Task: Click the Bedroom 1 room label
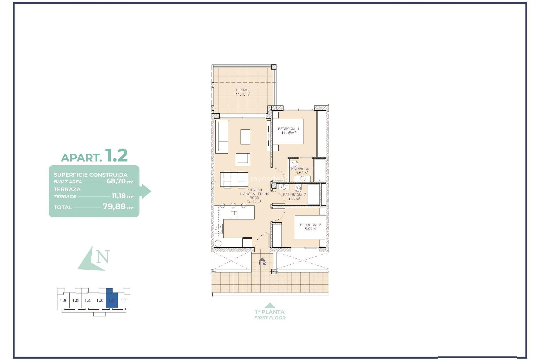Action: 289,129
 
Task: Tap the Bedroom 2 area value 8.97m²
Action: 310,229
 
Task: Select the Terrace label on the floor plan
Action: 243,90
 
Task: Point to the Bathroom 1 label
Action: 302,169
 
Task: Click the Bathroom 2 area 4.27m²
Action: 294,199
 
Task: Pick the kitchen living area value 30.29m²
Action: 254,202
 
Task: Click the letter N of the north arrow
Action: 103,257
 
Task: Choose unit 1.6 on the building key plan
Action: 63,301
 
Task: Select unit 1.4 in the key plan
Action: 87,301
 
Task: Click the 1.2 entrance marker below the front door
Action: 262,263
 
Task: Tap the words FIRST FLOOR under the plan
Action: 270,318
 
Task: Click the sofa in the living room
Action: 222,137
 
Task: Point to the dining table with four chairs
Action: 234,179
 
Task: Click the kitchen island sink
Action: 234,215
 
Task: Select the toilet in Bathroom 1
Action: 294,165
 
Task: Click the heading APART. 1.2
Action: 94,156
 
